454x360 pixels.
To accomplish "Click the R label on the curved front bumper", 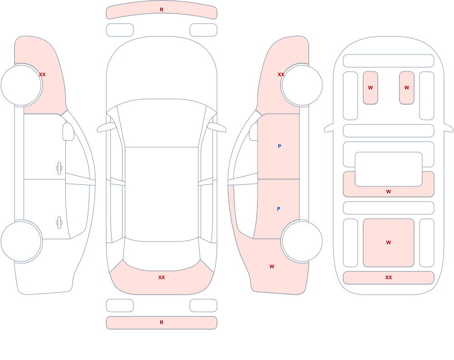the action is (x=162, y=10).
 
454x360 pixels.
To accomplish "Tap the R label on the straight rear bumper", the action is (x=162, y=322).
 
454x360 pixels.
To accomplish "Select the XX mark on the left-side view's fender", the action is (x=42, y=74).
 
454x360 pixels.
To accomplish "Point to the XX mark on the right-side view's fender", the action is (x=281, y=74).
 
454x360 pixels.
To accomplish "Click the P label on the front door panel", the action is (x=279, y=146).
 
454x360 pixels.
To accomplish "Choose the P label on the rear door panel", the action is (x=279, y=209).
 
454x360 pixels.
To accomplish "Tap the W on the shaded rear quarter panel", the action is (x=271, y=266).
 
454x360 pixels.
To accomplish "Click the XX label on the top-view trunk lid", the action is (x=162, y=277).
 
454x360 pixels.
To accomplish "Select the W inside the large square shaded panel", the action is (x=389, y=242).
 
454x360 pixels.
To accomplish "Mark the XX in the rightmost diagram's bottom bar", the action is (x=389, y=277).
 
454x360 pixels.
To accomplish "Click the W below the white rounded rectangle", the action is (x=389, y=192).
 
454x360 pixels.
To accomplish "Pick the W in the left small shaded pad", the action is (x=370, y=88).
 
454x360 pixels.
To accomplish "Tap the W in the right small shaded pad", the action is (x=407, y=88).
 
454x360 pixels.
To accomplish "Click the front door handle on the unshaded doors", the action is (x=59, y=168).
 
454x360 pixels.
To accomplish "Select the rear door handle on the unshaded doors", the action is (x=59, y=223).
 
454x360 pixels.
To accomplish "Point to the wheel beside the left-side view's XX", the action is (x=21, y=85).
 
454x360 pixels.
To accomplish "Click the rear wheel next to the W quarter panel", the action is (x=302, y=241).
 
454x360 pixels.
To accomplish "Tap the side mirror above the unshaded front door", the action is (x=68, y=132).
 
